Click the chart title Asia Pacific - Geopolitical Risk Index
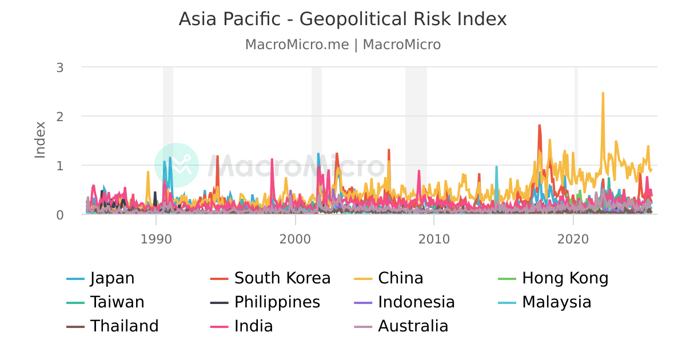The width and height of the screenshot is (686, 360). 342,19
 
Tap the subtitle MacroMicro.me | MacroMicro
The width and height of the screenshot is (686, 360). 342,45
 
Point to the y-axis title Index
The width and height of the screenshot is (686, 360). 40,139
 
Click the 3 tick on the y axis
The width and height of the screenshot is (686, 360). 59,67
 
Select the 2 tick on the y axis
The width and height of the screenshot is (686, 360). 59,116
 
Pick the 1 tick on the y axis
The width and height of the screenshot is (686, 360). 59,165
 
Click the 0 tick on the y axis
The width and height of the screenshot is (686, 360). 59,214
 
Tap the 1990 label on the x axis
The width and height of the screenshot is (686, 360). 155,238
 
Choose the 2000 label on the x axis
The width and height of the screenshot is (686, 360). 295,238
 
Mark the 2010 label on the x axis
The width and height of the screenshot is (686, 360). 434,238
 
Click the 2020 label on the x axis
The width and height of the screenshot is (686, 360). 573,238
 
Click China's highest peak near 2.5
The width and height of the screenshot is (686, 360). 603,93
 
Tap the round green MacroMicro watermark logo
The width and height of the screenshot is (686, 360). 177,165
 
